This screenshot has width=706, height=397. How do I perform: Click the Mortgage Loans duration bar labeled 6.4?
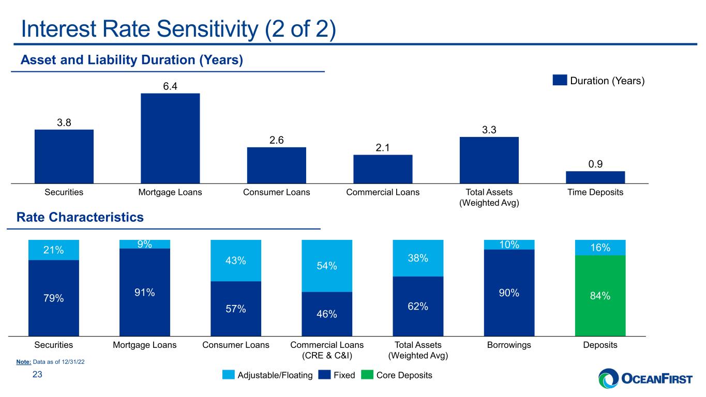click(170, 139)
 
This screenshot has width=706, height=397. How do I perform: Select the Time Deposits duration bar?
click(595, 177)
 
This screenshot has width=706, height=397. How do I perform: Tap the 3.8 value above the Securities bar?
click(64, 123)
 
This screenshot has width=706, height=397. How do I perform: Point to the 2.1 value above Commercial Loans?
click(383, 148)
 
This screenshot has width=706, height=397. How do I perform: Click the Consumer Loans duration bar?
click(276, 165)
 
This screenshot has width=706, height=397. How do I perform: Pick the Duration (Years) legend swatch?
click(560, 80)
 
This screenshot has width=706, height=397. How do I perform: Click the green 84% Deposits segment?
click(600, 296)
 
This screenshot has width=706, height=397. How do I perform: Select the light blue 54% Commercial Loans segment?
click(327, 266)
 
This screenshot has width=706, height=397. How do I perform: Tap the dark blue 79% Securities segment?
click(54, 298)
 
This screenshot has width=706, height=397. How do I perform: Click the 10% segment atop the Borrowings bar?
click(509, 245)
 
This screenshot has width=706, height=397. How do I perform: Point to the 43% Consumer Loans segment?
click(236, 261)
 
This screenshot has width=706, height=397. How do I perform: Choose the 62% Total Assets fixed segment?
click(418, 306)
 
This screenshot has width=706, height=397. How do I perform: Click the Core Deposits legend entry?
click(397, 375)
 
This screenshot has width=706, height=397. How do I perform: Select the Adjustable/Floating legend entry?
click(267, 375)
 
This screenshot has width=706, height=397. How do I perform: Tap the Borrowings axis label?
click(509, 345)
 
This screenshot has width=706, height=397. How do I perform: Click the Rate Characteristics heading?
click(80, 217)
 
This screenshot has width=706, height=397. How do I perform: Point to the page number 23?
click(37, 374)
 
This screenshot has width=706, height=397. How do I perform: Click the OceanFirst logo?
click(645, 378)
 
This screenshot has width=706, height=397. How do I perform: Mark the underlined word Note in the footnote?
click(24, 362)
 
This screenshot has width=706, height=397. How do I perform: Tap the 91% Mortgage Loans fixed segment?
click(145, 293)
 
